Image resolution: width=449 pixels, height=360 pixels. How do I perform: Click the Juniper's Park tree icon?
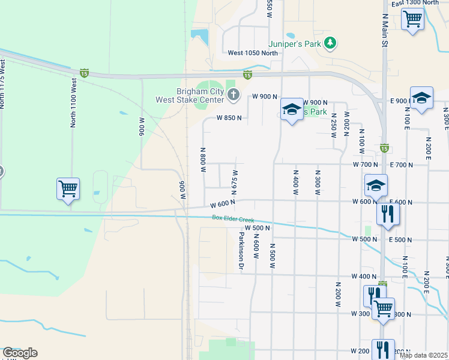(330, 43)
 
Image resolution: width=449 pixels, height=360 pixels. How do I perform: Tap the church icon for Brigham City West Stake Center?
(234, 95)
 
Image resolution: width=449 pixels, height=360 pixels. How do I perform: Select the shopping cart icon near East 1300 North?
(412, 19)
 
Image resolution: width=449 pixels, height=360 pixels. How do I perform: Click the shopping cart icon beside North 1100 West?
(68, 190)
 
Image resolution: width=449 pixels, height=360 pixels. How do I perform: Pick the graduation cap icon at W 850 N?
(292, 110)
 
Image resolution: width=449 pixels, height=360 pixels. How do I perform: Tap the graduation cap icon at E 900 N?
(421, 98)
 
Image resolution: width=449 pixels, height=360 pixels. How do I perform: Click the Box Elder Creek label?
(233, 218)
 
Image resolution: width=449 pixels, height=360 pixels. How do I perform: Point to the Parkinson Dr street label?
(241, 253)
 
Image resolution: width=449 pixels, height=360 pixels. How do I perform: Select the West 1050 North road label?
(253, 53)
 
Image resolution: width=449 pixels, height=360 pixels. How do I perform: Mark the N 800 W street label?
(203, 160)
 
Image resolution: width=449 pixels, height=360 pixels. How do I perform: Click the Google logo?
(20, 353)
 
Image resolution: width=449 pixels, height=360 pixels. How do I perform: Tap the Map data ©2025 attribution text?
(424, 355)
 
